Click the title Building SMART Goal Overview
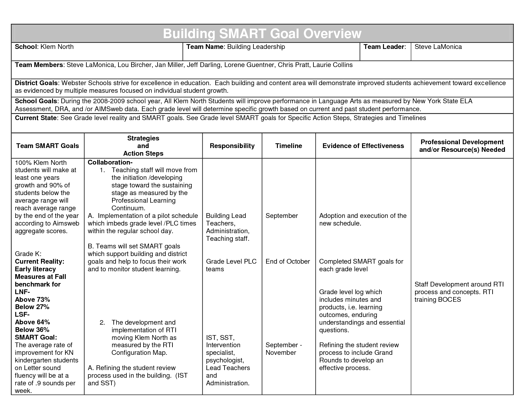pos(262,34)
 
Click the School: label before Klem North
pos(26,47)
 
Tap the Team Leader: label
pos(385,47)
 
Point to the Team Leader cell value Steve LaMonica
pos(438,47)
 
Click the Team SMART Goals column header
pos(48,146)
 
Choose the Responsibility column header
pos(232,146)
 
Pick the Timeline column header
pos(288,146)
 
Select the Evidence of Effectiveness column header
pos(363,146)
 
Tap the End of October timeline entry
pos(287,261)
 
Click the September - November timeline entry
pos(283,349)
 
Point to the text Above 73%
pos(32,300)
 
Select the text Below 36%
pos(32,330)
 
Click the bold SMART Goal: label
pos(36,337)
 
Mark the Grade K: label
pos(28,254)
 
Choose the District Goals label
pos(36,83)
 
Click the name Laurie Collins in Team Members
pos(333,65)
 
